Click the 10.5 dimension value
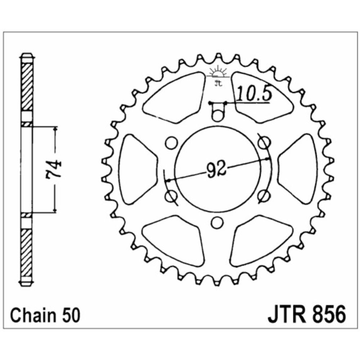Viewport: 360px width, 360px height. click(254, 93)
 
